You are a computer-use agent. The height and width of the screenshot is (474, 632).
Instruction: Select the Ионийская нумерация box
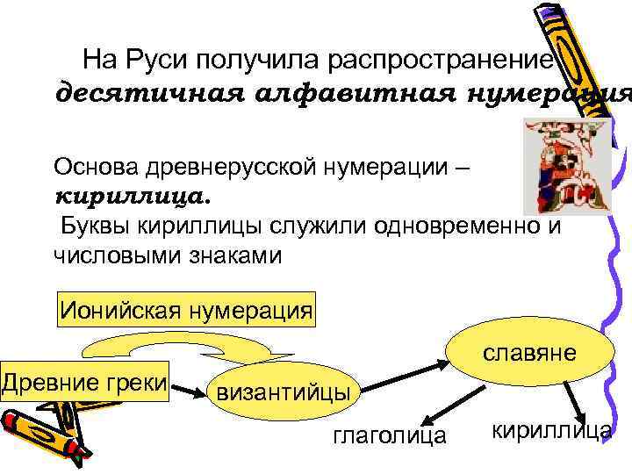185,310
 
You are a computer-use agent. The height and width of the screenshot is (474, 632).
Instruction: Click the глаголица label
390,434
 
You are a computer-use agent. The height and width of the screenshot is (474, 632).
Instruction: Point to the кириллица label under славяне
550,429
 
